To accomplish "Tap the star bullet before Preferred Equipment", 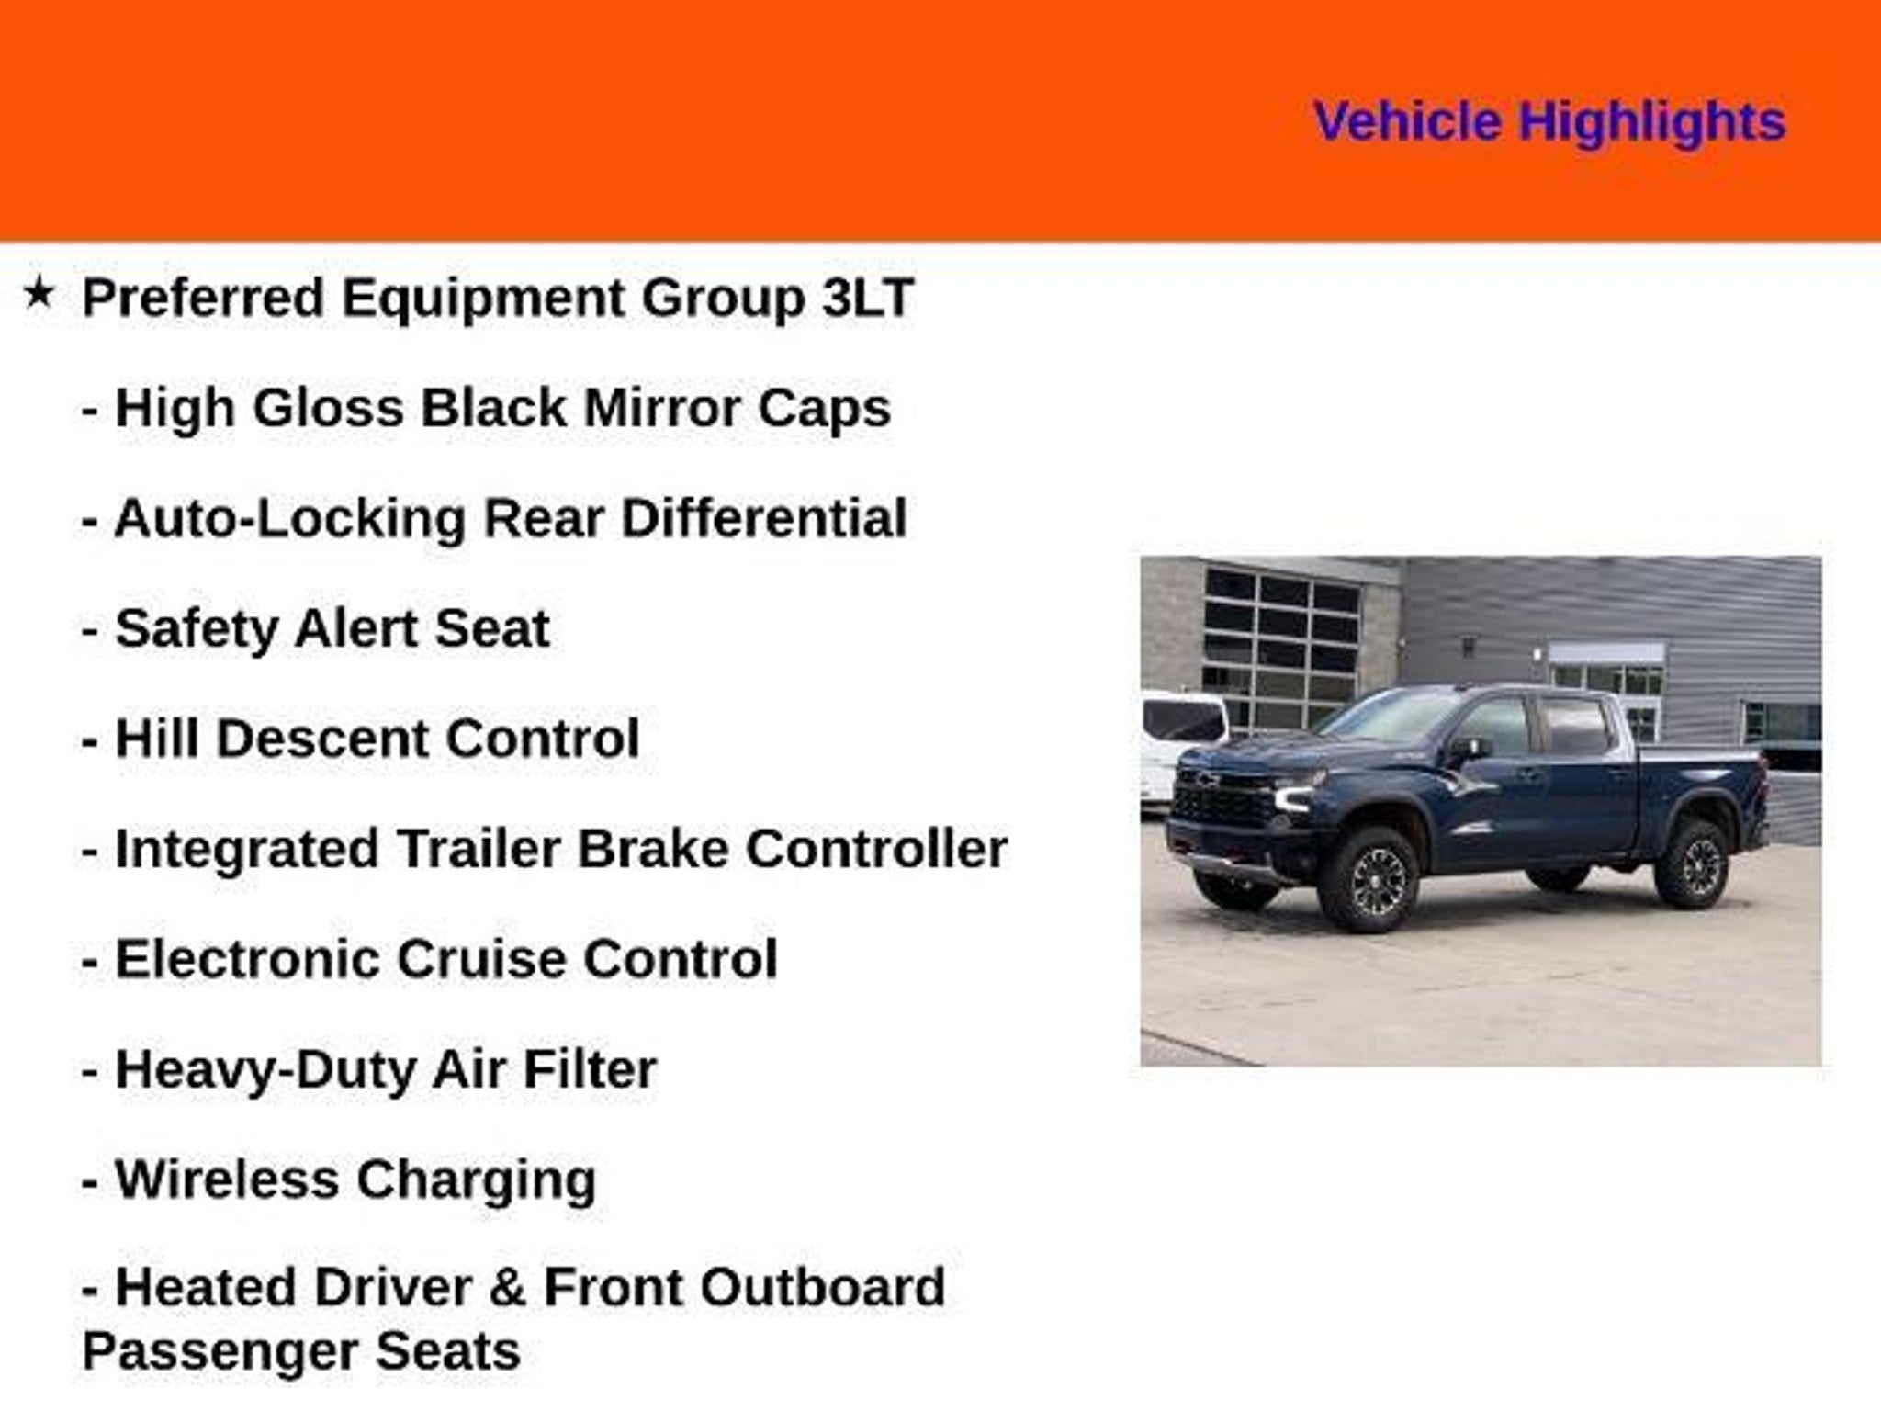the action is click(x=39, y=294).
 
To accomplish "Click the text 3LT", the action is click(x=867, y=299).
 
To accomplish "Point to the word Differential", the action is click(x=764, y=519).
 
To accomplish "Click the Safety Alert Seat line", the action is click(x=316, y=629).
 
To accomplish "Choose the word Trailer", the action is click(x=478, y=850).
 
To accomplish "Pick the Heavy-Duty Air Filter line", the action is click(x=369, y=1070).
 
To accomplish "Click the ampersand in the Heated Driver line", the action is click(x=508, y=1288).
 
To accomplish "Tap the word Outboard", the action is click(x=822, y=1288).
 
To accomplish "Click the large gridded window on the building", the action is click(x=1282, y=646).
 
